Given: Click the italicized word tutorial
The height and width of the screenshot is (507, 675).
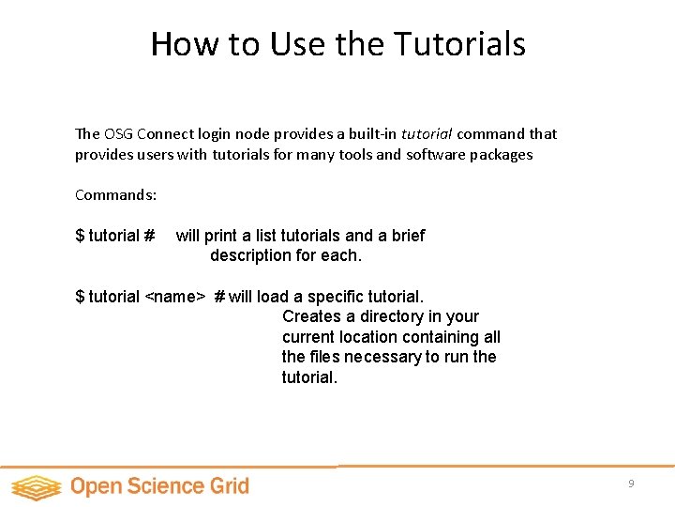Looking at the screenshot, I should (426, 133).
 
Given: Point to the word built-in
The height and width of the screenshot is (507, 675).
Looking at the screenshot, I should (367, 133).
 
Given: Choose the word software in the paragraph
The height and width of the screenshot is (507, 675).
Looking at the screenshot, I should (440, 154).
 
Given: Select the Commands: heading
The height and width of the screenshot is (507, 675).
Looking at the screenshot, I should (115, 195).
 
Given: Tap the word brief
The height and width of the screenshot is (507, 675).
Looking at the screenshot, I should (406, 236).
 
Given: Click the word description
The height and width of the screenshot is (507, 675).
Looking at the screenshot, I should (250, 255).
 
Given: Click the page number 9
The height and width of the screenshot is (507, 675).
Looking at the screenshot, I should (631, 484).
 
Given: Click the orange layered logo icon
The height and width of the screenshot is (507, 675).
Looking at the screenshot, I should (37, 486).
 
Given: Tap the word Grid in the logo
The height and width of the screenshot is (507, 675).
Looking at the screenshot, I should (229, 486).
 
